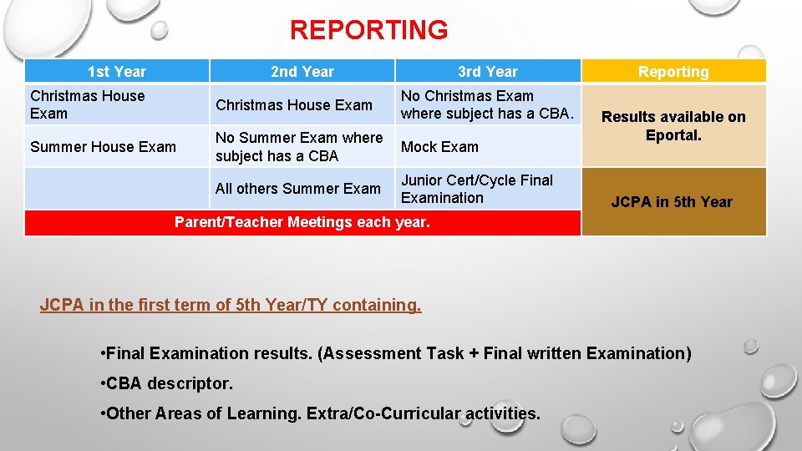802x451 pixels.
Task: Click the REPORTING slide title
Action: pos(368,30)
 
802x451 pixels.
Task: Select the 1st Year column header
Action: pos(117,72)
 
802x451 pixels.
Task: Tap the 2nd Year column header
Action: pos(302,72)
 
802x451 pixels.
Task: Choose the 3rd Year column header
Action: pos(487,72)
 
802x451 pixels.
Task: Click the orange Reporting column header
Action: pos(673,72)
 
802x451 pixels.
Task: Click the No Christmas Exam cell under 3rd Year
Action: pos(487,104)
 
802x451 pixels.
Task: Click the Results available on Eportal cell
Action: pos(673,126)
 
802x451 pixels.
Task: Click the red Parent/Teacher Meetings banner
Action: pos(302,222)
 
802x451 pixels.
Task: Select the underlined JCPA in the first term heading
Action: pos(231,306)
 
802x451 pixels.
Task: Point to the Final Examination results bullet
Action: pos(395,353)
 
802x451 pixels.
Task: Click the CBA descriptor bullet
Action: pos(166,383)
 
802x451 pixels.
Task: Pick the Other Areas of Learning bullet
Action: pos(320,413)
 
